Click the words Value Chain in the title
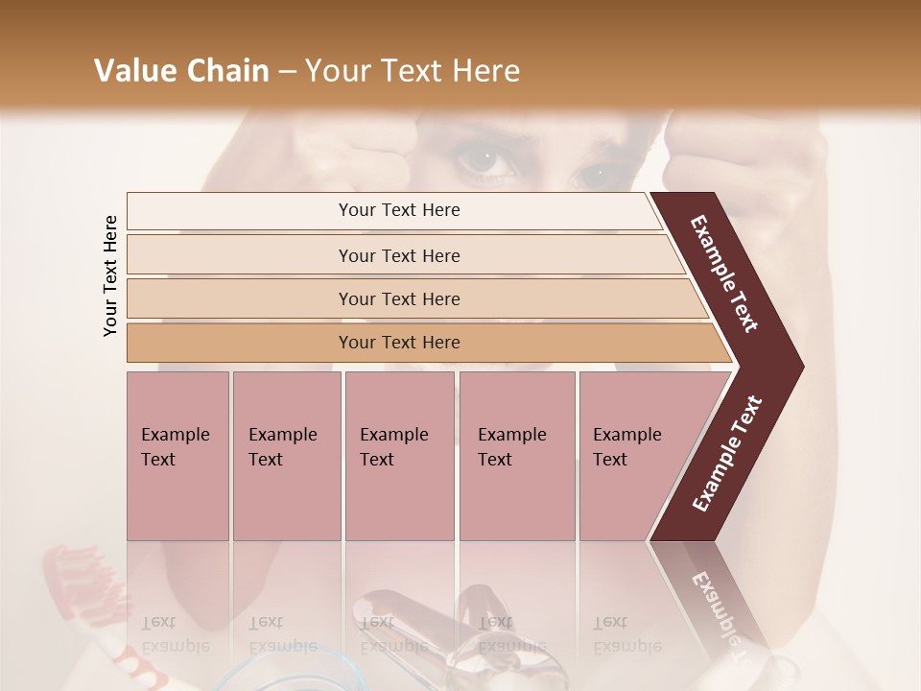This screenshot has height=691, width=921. click(x=181, y=71)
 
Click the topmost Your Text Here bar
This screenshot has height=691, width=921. click(x=398, y=210)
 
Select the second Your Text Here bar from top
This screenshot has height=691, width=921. click(x=398, y=255)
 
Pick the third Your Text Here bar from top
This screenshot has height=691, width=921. click(x=398, y=298)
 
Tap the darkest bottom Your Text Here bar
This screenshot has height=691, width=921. click(x=398, y=343)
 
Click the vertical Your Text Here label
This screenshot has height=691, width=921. click(x=110, y=275)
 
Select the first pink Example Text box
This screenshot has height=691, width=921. click(x=177, y=456)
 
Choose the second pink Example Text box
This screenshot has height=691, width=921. click(x=286, y=456)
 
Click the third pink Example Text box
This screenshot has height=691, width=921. click(x=399, y=456)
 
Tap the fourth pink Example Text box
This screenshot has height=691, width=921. click(x=516, y=456)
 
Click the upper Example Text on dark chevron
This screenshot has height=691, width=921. click(x=725, y=274)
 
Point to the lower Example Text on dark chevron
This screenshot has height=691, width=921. click(x=727, y=454)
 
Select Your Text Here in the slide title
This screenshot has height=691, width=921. click(x=412, y=71)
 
